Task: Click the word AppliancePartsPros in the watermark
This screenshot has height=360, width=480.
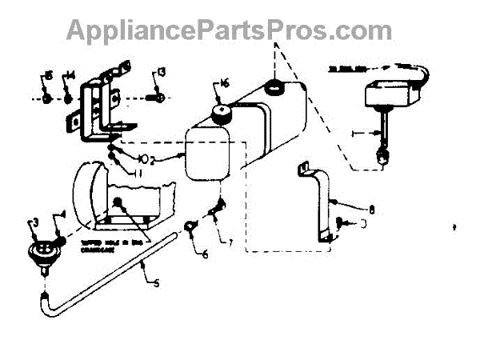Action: (x=191, y=30)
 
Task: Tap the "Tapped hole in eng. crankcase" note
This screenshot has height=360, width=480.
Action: (x=115, y=244)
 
